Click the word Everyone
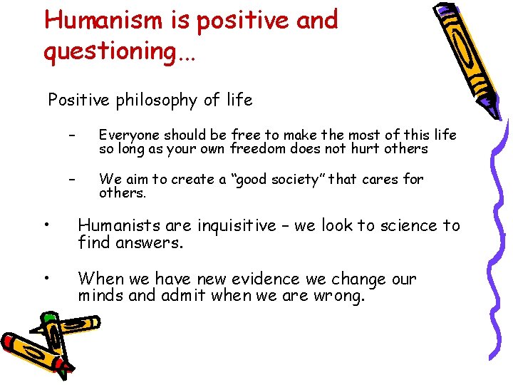(x=129, y=135)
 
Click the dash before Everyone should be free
(x=71, y=135)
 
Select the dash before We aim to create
(x=71, y=180)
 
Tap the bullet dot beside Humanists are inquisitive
(x=46, y=226)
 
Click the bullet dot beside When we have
(x=46, y=279)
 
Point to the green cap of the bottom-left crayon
(x=48, y=319)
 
